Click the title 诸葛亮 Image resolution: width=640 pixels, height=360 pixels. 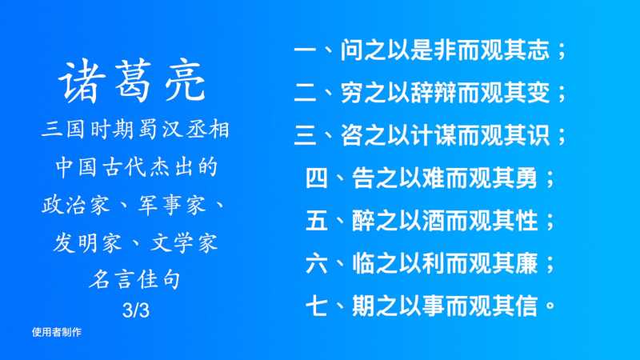(132, 81)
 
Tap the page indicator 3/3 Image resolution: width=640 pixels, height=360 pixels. (136, 310)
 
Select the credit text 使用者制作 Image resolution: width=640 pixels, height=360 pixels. (57, 332)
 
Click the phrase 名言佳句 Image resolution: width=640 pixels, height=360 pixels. (135, 279)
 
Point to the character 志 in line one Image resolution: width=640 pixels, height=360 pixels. (538, 50)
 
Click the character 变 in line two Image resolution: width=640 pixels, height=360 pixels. (538, 93)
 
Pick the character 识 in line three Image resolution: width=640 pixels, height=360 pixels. (538, 135)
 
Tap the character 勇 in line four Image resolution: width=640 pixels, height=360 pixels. (526, 178)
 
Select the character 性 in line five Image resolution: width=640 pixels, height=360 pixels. (526, 221)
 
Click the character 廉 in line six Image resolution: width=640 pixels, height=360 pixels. (526, 263)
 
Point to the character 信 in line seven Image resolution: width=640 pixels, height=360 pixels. (526, 306)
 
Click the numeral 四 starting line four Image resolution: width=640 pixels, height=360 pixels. (317, 178)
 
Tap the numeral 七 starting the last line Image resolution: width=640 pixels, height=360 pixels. (317, 306)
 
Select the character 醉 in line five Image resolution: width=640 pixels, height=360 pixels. (363, 221)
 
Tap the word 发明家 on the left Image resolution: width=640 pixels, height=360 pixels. (87, 243)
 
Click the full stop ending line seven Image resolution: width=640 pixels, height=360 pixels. (550, 306)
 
